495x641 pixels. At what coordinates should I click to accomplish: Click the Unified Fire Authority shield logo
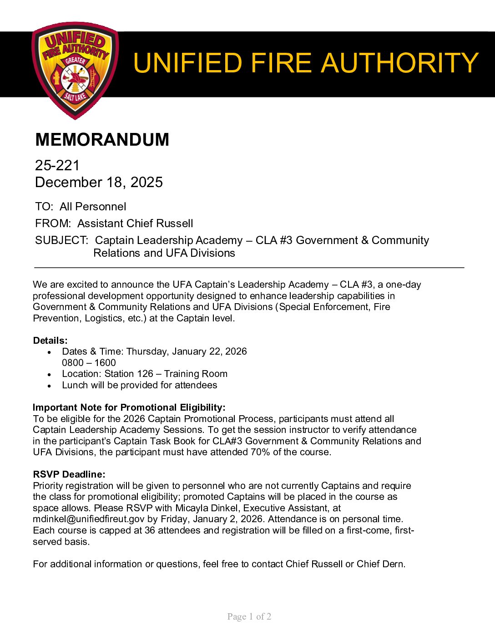[75, 70]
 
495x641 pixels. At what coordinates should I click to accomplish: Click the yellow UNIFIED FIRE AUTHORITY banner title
[305, 63]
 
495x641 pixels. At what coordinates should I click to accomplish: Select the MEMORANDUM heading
[102, 139]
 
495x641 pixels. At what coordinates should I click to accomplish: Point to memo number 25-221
[57, 165]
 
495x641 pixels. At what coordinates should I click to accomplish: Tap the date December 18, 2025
[99, 182]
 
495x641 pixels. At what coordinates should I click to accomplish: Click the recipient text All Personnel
[93, 207]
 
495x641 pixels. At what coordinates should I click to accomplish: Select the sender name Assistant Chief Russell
[135, 224]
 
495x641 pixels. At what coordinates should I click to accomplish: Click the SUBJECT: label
[61, 240]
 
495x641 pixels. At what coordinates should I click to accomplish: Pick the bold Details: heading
[50, 341]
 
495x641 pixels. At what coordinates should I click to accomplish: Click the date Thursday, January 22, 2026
[187, 351]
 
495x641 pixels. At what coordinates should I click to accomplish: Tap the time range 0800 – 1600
[89, 363]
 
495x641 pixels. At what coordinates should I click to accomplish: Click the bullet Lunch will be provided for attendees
[140, 385]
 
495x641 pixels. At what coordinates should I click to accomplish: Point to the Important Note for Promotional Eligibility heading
[129, 407]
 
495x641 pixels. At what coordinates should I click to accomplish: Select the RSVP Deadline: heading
[69, 474]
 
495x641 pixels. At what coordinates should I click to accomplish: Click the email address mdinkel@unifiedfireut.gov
[89, 519]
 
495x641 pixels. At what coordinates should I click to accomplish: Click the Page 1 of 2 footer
[249, 616]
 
